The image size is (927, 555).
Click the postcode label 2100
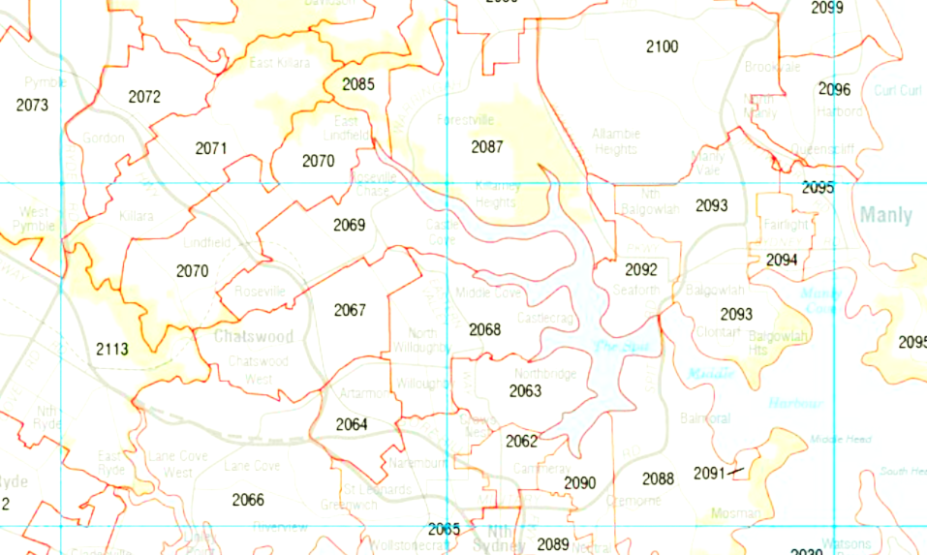pos(662,46)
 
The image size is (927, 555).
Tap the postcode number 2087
pos(487,147)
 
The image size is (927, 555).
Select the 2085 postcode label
pos(357,84)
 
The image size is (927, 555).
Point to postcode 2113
pos(111,349)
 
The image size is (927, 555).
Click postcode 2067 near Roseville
pos(350,310)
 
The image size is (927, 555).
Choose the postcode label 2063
pos(525,391)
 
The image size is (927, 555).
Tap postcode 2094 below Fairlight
pos(782,260)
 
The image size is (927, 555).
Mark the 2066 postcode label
pos(248,500)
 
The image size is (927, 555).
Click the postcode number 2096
pos(834,90)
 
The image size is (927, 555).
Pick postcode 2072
pos(143,97)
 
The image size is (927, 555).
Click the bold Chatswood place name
pos(253,337)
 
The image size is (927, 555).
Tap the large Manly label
pos(885,215)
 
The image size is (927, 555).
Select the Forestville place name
pos(465,121)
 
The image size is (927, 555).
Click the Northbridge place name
pos(544,374)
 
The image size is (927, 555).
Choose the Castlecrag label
pos(546,318)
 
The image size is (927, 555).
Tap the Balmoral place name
pos(704,419)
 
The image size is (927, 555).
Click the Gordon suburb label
pos(103,139)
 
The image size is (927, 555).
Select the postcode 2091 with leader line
pos(709,473)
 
